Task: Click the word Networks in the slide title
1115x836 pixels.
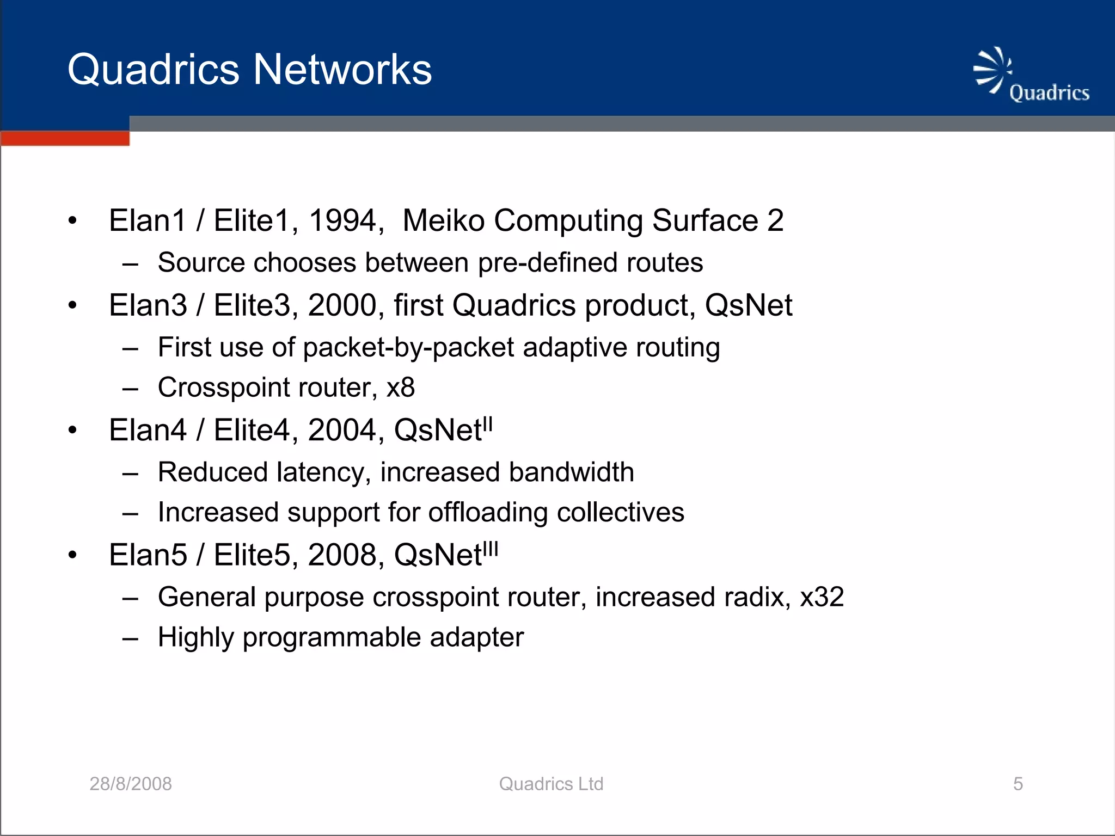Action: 342,70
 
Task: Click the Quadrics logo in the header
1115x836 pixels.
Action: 1031,76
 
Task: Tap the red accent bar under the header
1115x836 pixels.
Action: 65,138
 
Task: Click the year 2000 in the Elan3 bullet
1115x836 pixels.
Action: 342,305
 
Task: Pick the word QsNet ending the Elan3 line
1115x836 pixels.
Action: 748,305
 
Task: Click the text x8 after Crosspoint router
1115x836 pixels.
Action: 400,388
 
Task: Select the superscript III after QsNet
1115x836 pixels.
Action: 491,549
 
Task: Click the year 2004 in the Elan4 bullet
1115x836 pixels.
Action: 342,430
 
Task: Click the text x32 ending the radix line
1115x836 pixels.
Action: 822,597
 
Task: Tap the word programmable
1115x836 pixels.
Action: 332,637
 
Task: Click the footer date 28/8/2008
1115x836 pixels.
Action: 131,784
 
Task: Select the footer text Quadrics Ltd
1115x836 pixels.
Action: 551,784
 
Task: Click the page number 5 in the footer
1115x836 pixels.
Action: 1018,784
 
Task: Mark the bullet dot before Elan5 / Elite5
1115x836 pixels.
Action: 73,556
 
